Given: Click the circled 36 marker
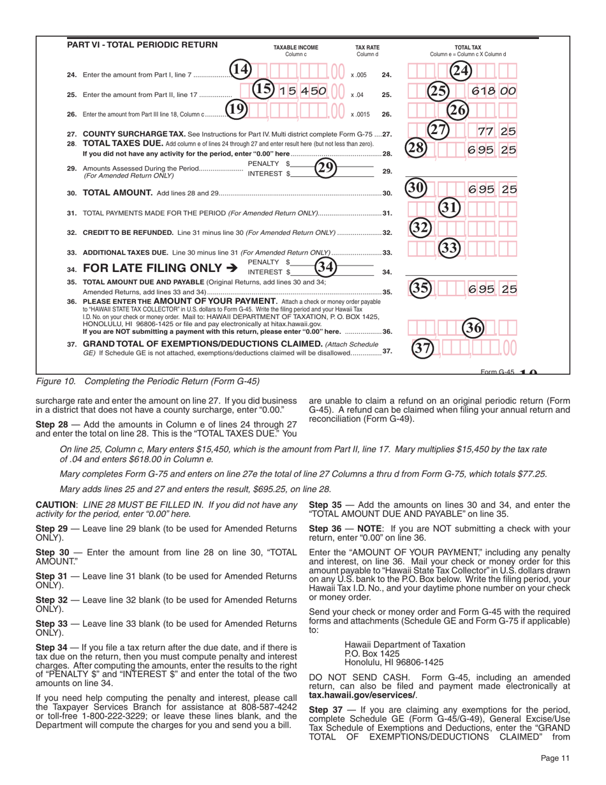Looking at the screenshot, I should coord(474,328).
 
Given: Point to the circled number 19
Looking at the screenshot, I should coord(236,110).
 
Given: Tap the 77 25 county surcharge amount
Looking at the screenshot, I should coord(498,131).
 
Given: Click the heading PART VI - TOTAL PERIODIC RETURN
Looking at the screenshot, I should coord(142,45).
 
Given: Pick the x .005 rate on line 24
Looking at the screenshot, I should coord(359,75).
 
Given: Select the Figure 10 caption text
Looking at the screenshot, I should coord(147,382).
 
